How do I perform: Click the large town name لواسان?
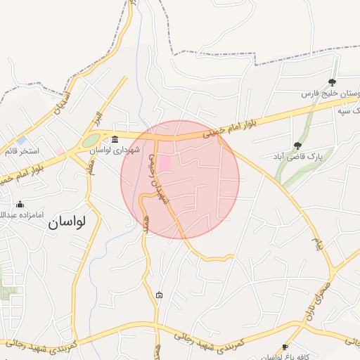(67, 222)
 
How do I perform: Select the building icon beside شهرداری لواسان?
(115, 137)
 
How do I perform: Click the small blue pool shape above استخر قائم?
(22, 140)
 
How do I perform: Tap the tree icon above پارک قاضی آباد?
(298, 146)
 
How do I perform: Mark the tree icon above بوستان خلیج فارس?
(333, 82)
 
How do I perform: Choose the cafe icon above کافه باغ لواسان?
(284, 347)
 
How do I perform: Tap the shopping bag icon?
(160, 295)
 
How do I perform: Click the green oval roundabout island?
(91, 141)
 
